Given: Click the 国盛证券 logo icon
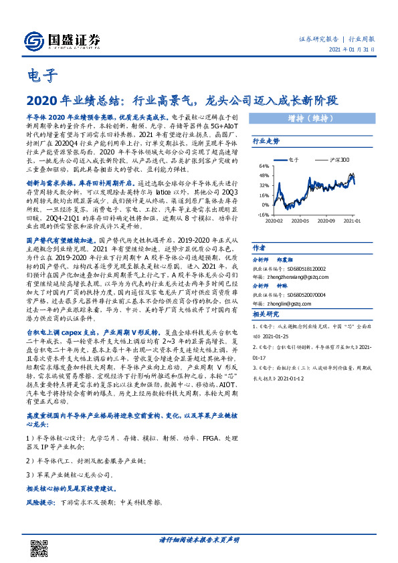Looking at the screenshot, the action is coord(33,38).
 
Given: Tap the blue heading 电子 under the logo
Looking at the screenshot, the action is coord(41,76).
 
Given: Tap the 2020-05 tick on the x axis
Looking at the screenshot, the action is coord(302,220).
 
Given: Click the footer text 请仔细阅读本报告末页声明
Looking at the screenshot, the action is coord(199,539).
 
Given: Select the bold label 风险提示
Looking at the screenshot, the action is coord(41,501).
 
